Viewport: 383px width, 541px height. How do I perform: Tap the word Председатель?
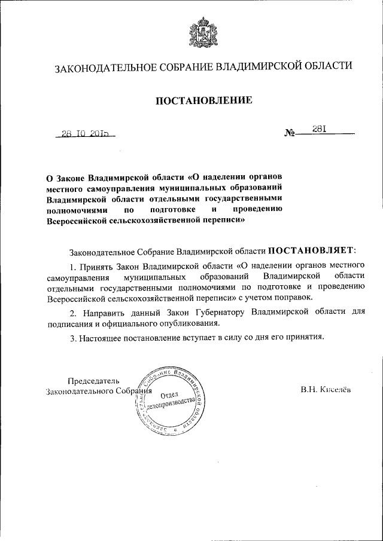pos(94,381)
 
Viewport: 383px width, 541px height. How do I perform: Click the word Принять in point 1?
pos(93,265)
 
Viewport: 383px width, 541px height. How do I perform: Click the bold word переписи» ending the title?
pos(226,220)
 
